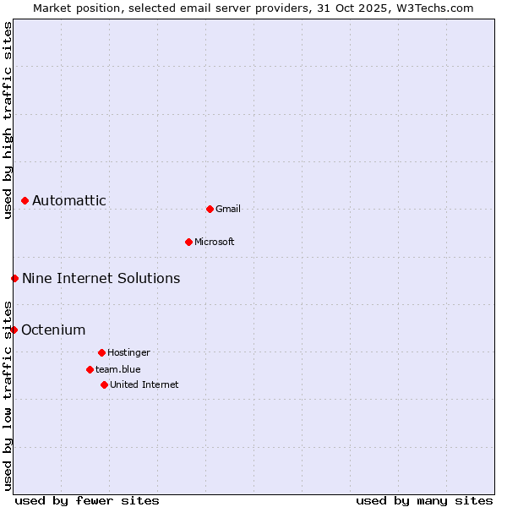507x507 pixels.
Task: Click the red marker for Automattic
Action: tap(25, 201)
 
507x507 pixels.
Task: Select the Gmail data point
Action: tap(210, 209)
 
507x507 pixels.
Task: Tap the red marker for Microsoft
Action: tap(188, 242)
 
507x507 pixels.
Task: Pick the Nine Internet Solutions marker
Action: tap(14, 278)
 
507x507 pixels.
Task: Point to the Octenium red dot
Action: tap(14, 330)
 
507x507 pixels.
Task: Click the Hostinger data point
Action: tap(101, 352)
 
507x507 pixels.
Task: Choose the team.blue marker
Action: tap(90, 369)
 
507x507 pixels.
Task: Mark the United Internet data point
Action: tap(104, 384)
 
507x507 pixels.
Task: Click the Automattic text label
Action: tap(69, 201)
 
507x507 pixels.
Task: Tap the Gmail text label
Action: tap(228, 209)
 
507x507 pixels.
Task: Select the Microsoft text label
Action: tap(215, 242)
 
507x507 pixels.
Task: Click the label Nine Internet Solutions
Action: tap(101, 278)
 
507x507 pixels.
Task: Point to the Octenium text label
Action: tap(53, 330)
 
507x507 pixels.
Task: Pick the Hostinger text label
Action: tap(128, 352)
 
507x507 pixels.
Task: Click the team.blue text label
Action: tap(118, 369)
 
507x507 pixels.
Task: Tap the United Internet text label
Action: tap(144, 384)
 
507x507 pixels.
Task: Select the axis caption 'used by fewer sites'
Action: tap(87, 500)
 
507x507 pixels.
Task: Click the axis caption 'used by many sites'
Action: tap(424, 500)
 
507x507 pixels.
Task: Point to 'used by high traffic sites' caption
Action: tap(8, 120)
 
